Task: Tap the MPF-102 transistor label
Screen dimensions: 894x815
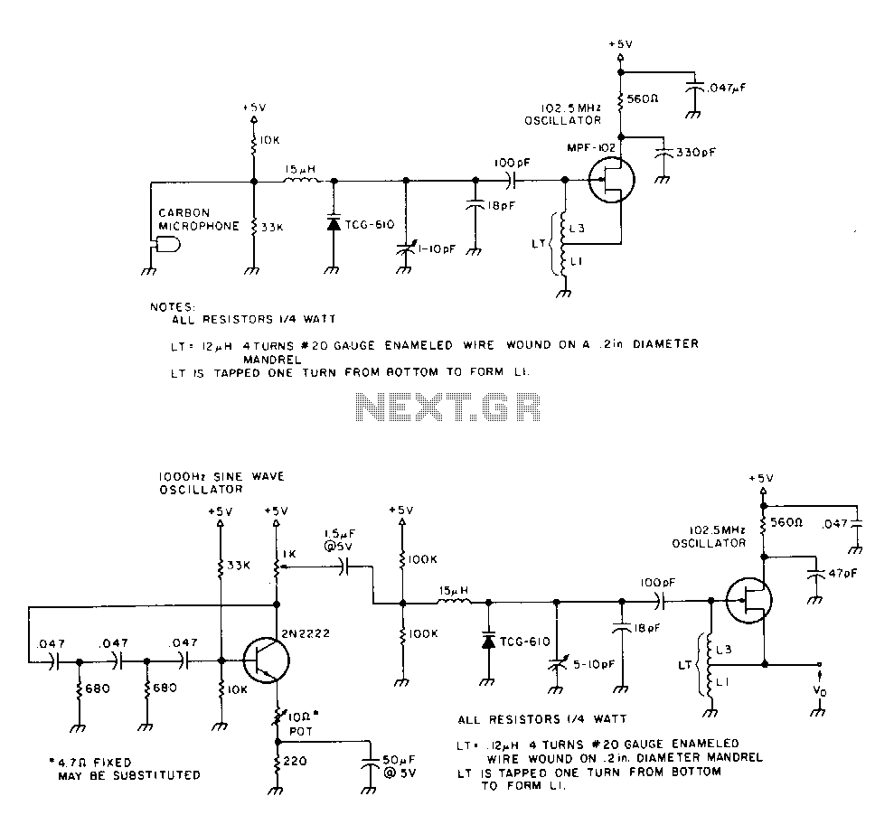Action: pos(591,147)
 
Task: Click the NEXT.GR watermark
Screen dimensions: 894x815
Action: pos(447,407)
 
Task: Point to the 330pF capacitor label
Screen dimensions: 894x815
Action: pos(696,153)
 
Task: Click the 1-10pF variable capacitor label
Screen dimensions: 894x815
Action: pos(437,249)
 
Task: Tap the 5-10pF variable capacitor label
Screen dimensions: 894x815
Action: pos(594,664)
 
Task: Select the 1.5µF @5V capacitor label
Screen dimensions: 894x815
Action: pos(340,539)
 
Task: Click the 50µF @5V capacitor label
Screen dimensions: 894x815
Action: pos(400,766)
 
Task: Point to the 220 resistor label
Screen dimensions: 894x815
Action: pos(295,761)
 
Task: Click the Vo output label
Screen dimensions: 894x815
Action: pos(820,690)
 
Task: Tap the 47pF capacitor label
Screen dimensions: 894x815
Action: pos(842,574)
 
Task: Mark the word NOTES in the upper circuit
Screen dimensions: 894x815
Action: pos(173,306)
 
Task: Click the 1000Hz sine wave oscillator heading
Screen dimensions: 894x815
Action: pos(221,482)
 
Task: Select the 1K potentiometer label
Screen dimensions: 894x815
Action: pos(288,554)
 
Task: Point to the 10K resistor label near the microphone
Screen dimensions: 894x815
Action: pos(269,140)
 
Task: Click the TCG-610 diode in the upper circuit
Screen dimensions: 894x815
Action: pos(334,223)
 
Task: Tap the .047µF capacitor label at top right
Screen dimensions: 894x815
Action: pos(726,88)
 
